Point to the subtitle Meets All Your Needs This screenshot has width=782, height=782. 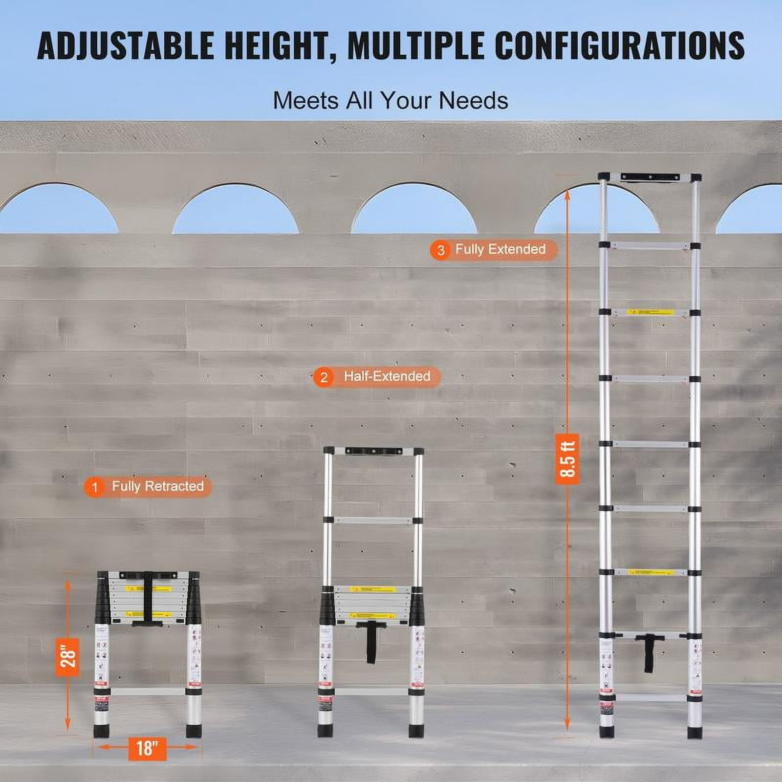(390, 101)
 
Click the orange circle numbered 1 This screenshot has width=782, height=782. (95, 487)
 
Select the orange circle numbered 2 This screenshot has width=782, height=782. (324, 377)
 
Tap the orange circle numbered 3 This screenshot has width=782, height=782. (441, 250)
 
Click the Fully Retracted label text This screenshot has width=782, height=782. (157, 486)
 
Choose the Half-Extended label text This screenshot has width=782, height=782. (387, 376)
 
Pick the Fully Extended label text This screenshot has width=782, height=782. (500, 249)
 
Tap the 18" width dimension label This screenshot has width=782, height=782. (147, 748)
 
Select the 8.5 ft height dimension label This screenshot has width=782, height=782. (567, 458)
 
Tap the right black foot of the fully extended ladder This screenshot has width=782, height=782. (694, 732)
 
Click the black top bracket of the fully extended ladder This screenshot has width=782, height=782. (650, 177)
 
